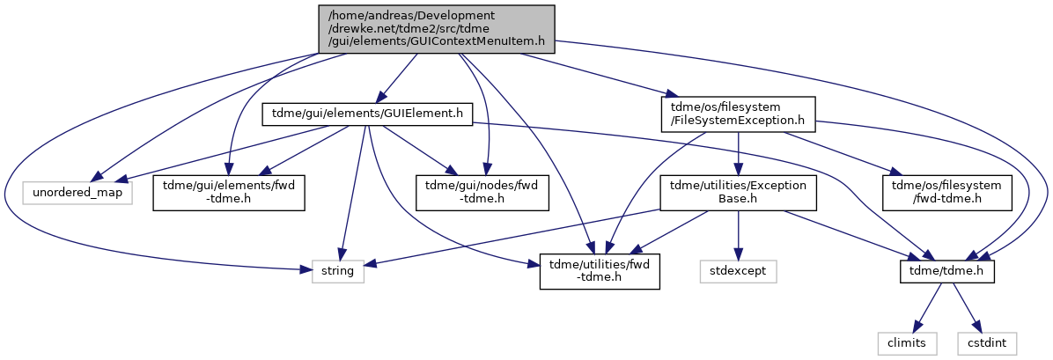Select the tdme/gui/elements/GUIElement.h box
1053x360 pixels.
click(x=368, y=114)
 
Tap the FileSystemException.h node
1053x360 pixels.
click(x=738, y=114)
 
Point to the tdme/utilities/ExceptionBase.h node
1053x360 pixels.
click(x=738, y=194)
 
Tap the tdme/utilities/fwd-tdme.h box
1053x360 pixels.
click(x=600, y=272)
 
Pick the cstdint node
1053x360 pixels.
click(x=987, y=344)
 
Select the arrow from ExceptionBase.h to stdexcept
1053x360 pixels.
click(x=739, y=236)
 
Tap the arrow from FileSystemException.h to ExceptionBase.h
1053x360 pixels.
click(x=738, y=154)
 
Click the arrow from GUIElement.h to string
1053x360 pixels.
click(x=352, y=193)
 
